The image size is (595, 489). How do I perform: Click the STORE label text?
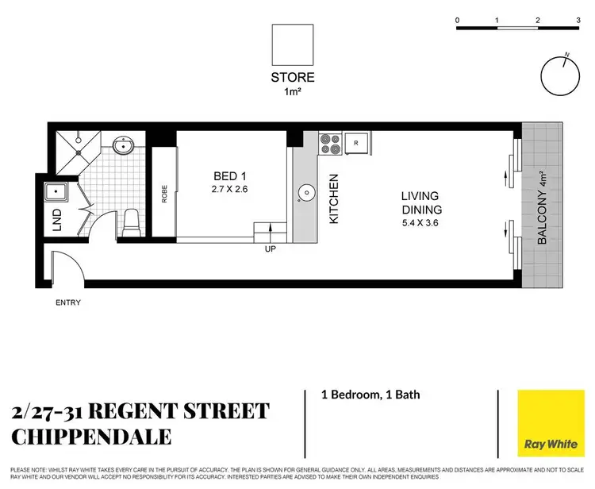[292, 77]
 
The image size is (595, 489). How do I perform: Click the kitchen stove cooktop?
[329, 144]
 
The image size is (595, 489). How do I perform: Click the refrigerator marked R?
[357, 143]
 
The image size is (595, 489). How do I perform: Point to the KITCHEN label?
[334, 198]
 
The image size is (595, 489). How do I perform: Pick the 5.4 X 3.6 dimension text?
[420, 224]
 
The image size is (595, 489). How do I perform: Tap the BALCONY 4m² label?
[542, 208]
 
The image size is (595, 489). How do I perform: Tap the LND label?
[56, 224]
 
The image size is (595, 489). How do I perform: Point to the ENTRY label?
[67, 302]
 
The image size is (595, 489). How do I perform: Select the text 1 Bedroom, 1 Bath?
[370, 395]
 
